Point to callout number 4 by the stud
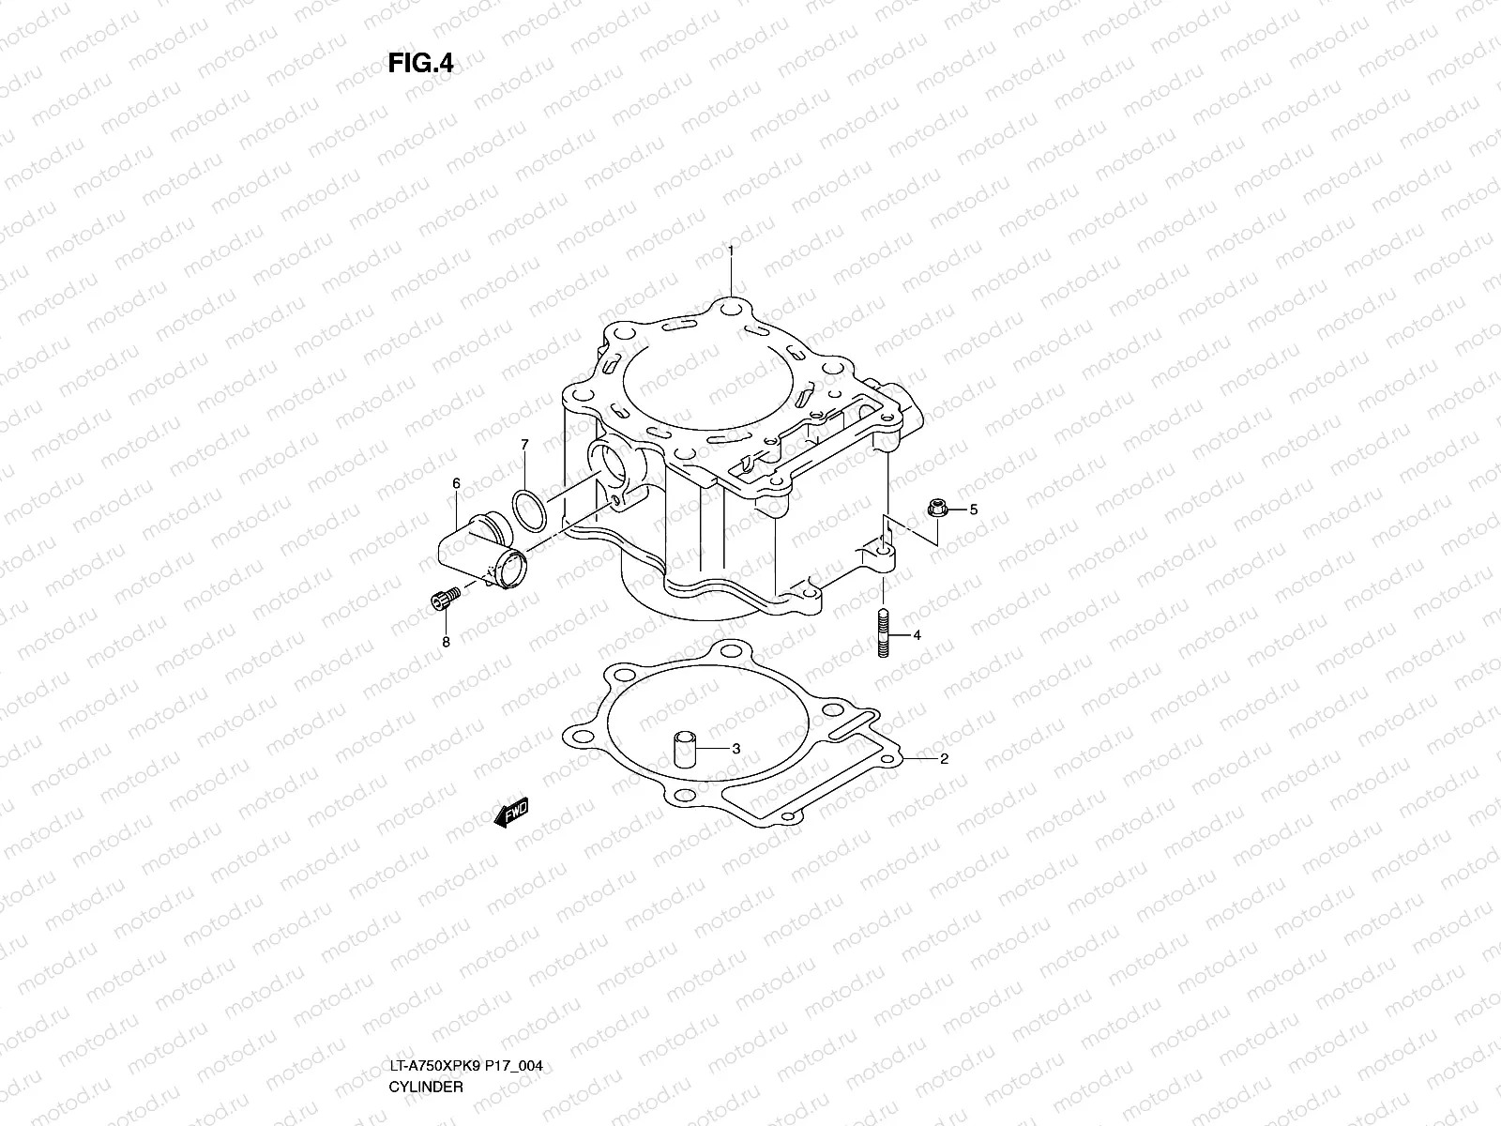tap(917, 635)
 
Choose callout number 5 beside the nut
tap(973, 510)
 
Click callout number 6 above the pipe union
tap(456, 483)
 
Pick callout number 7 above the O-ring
tap(524, 444)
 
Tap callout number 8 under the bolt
tap(446, 642)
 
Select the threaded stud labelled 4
tap(884, 634)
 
